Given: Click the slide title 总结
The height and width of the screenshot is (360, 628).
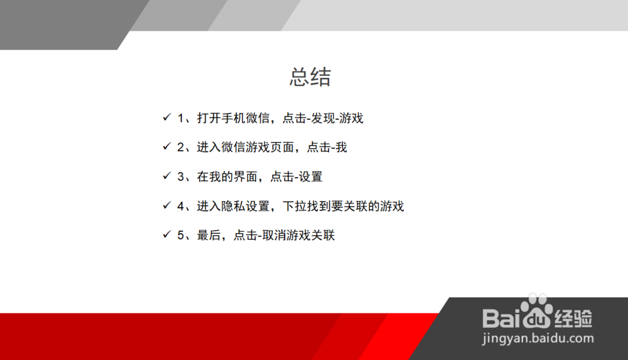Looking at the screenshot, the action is coord(310,77).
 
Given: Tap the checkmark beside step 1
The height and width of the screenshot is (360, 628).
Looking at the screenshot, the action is coord(166,117).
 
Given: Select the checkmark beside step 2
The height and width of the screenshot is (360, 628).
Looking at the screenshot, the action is coord(166,146).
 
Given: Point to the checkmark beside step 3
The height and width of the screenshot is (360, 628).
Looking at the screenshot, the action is coord(166,175).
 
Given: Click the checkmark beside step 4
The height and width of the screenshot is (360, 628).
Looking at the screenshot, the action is coord(166,205).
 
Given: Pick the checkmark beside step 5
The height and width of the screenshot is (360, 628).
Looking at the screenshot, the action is coord(166,234).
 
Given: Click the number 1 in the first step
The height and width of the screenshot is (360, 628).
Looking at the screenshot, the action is coord(181,118).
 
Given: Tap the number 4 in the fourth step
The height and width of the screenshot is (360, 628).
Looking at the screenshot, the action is coord(181,206).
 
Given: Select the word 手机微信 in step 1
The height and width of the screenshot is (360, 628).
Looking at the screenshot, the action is coord(246,118).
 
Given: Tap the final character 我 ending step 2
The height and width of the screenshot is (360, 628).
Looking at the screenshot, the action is coord(341,148).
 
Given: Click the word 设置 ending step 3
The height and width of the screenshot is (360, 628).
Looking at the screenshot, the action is coord(310,177).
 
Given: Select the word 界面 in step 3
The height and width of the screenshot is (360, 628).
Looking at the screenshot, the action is coord(246,177).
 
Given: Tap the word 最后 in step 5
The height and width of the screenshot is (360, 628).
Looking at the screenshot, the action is coord(208,236).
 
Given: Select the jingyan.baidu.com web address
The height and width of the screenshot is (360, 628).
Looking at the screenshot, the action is coord(538,339).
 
